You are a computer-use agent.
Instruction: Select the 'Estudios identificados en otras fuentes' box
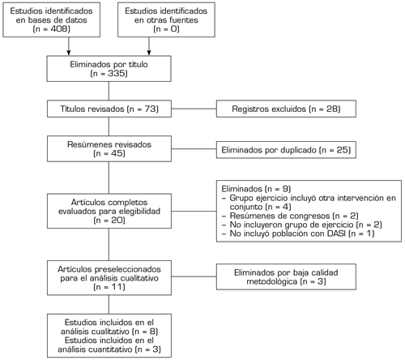pyautogui.click(x=166, y=19)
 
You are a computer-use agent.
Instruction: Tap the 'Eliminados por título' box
pyautogui.click(x=109, y=69)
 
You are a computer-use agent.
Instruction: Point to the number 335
pyautogui.click(x=116, y=73)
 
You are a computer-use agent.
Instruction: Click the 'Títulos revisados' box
pyautogui.click(x=109, y=109)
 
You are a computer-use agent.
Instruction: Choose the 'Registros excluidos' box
pyautogui.click(x=286, y=109)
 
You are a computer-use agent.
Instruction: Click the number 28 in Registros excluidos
pyautogui.click(x=332, y=109)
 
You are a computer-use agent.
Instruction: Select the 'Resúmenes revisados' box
pyautogui.click(x=109, y=148)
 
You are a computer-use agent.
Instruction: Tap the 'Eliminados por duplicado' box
pyautogui.click(x=286, y=150)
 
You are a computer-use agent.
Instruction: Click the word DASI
pyautogui.click(x=336, y=234)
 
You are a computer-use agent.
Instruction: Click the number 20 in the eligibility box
pyautogui.click(x=117, y=221)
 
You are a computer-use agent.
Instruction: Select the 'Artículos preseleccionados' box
pyautogui.click(x=109, y=278)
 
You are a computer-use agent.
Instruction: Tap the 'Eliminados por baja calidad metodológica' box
pyautogui.click(x=286, y=276)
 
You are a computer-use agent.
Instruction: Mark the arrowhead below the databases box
pyautogui.click(x=69, y=53)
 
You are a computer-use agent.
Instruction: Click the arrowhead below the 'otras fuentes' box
pyautogui.click(x=149, y=53)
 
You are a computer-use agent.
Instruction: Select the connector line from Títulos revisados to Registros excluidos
pyautogui.click(x=194, y=109)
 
